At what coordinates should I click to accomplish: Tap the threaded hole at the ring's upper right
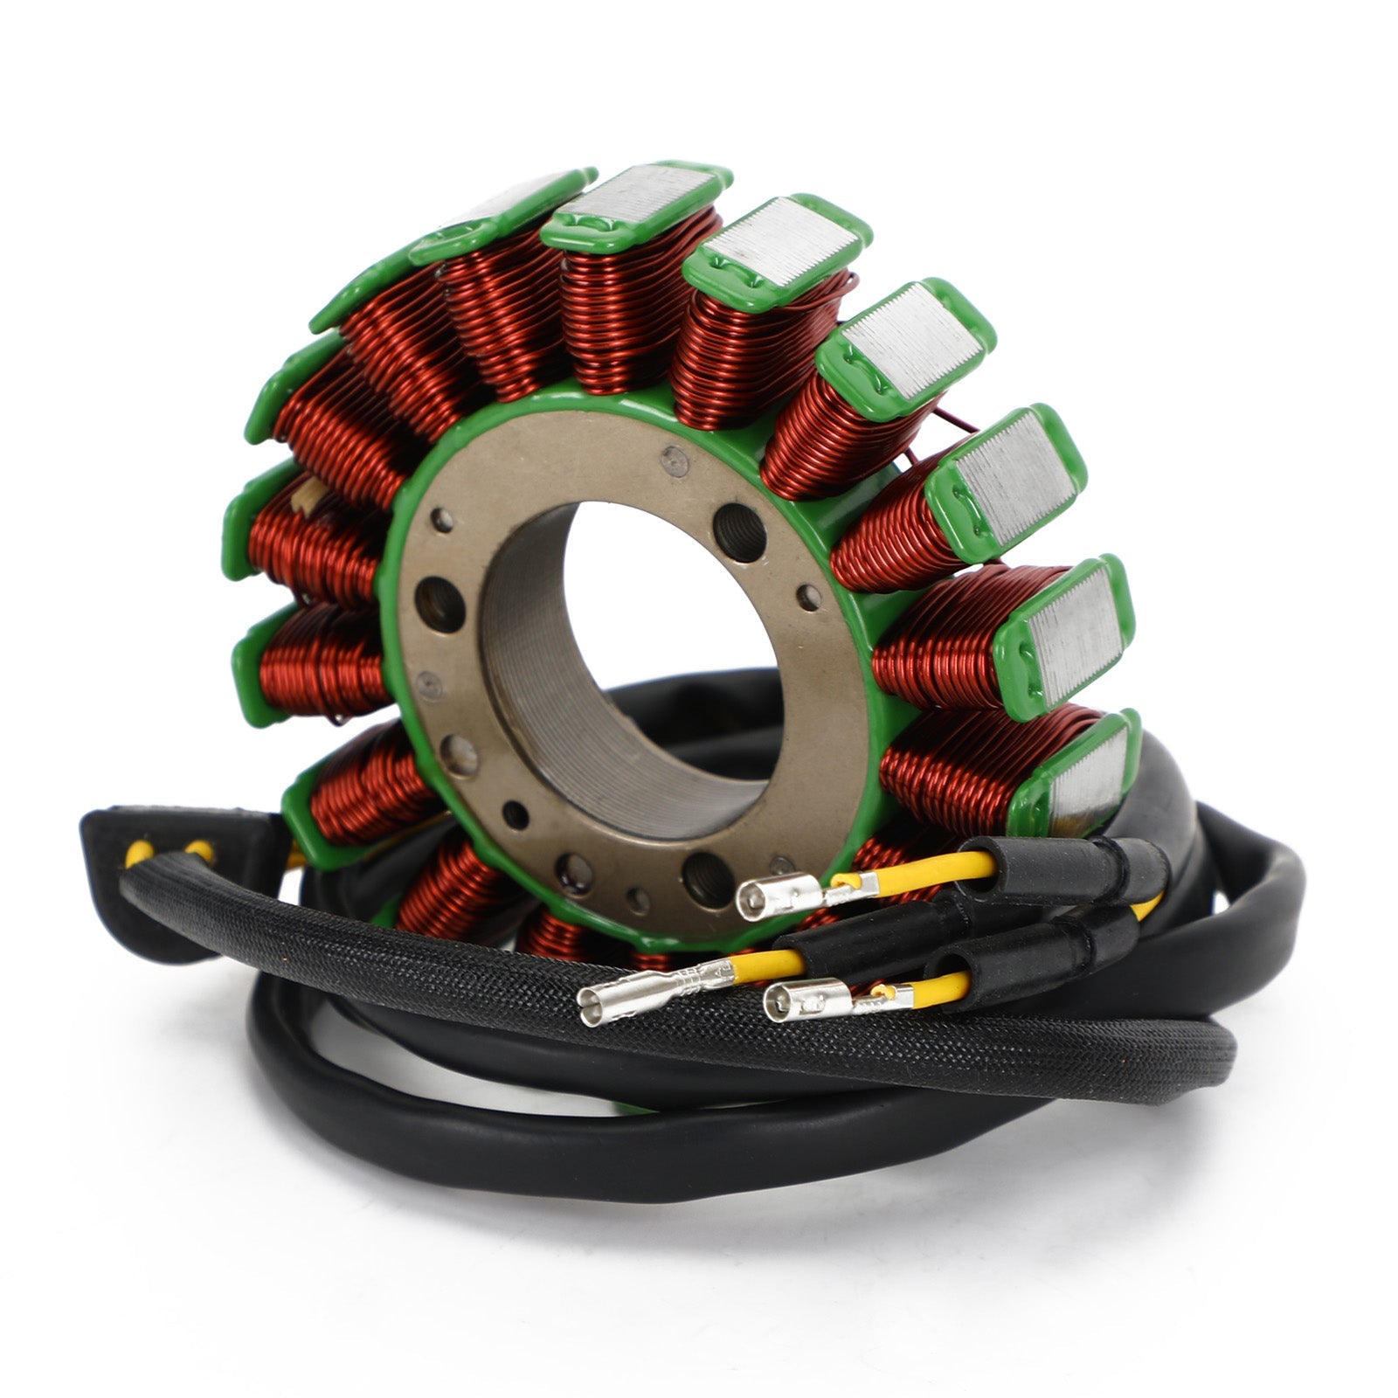pyautogui.click(x=738, y=531)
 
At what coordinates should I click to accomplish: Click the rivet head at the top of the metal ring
pyautogui.click(x=674, y=460)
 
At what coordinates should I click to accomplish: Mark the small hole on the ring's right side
pyautogui.click(x=809, y=598)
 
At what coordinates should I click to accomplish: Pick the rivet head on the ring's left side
pyautogui.click(x=428, y=684)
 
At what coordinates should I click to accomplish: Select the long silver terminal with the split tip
pyautogui.click(x=638, y=991)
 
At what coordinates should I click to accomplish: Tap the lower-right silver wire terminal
pyautogui.click(x=804, y=1000)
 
